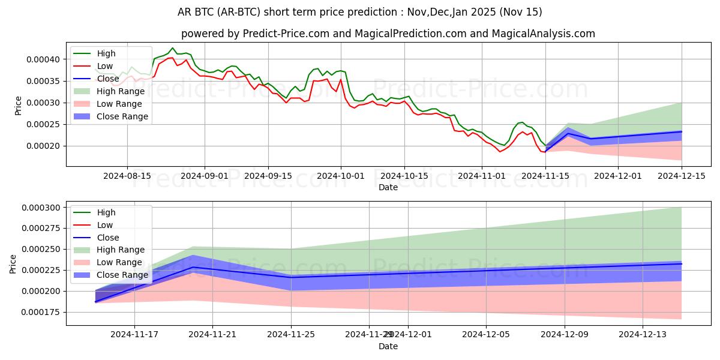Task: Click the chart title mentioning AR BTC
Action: [360, 12]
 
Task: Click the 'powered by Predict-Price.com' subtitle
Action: [388, 34]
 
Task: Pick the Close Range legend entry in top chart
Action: [122, 116]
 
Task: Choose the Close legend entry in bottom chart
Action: [108, 237]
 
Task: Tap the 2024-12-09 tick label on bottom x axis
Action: [565, 335]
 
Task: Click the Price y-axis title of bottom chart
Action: [13, 264]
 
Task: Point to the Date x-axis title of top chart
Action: [388, 187]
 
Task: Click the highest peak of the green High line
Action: [173, 48]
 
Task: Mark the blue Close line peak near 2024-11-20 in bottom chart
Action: [193, 267]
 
